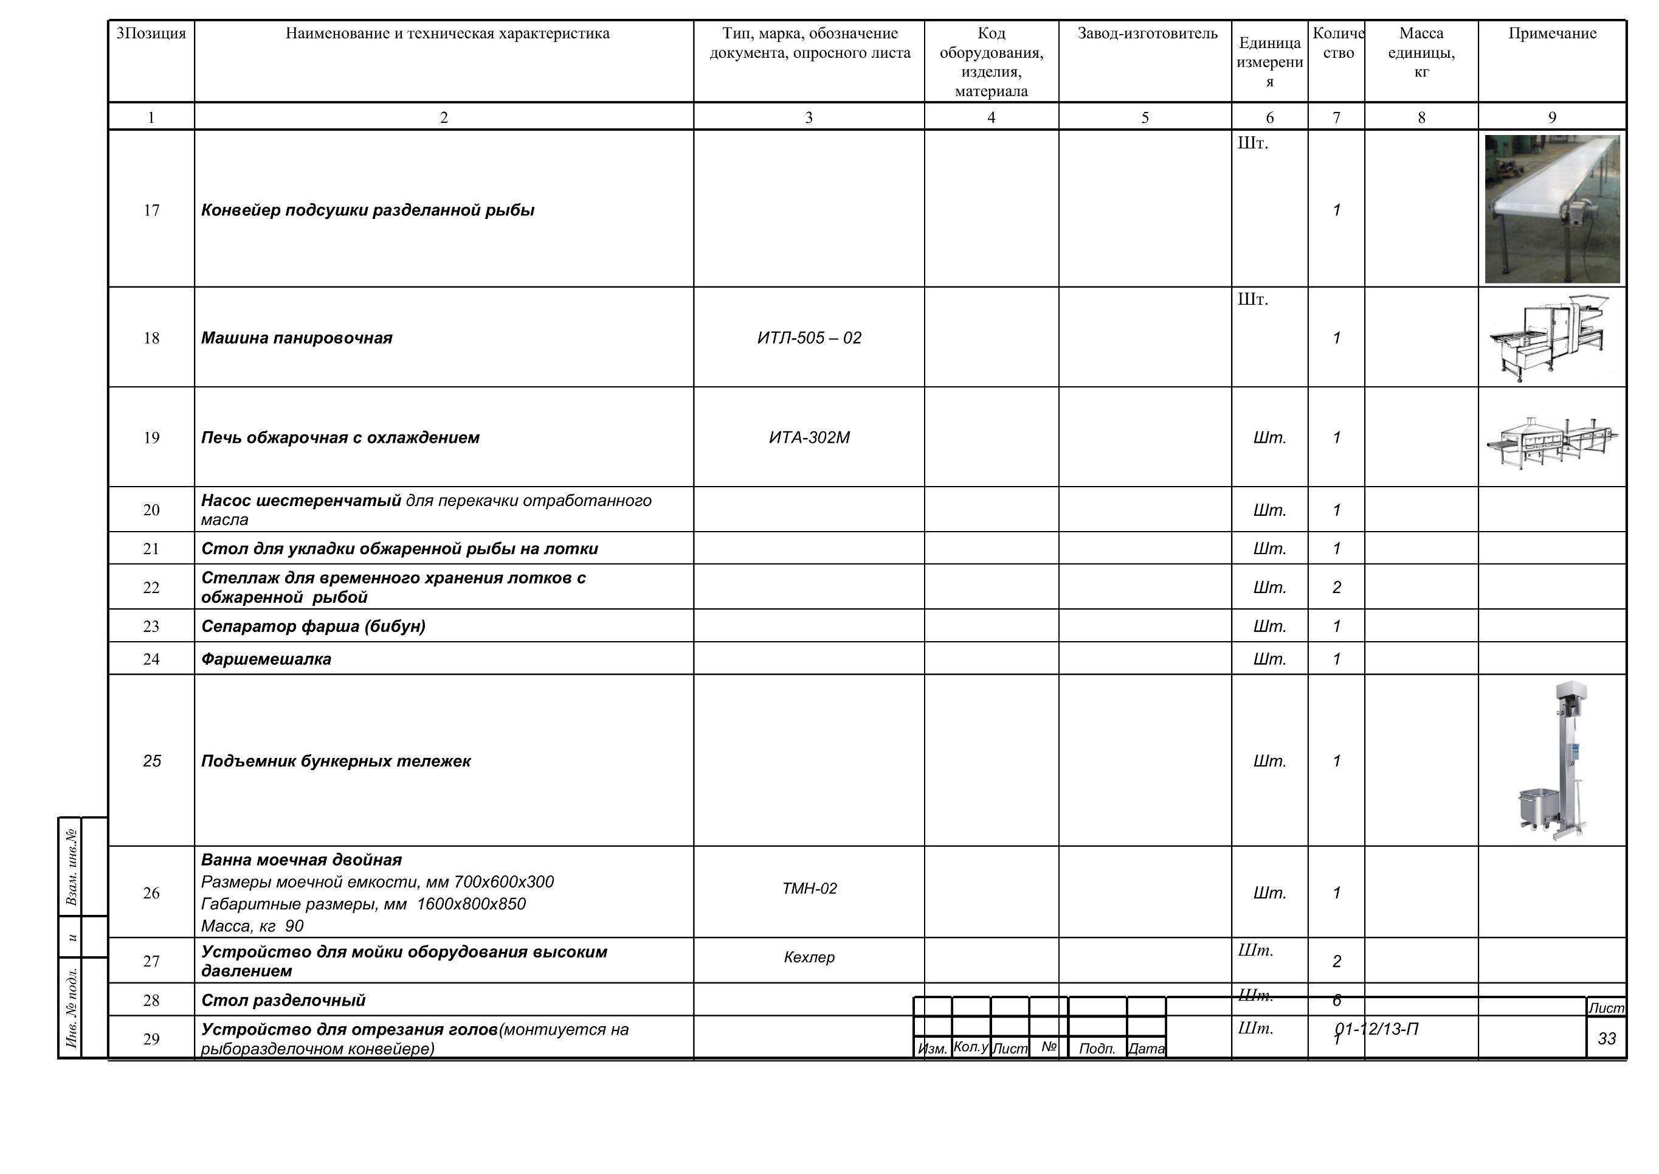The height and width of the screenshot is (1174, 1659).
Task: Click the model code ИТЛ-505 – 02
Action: click(x=809, y=338)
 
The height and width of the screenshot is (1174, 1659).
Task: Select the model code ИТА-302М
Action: click(x=809, y=438)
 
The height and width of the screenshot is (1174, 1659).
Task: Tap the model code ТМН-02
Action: click(x=809, y=889)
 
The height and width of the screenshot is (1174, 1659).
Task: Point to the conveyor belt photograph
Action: click(x=1552, y=209)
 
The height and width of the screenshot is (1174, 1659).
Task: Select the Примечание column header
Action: click(x=1552, y=34)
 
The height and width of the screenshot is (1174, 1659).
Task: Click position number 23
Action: click(x=151, y=627)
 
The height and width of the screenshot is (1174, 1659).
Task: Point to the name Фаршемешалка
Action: click(x=266, y=659)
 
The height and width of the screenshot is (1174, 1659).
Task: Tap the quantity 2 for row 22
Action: click(x=1336, y=588)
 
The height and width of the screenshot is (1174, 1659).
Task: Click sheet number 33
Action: click(x=1606, y=1039)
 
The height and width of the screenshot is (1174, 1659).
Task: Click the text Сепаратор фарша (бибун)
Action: click(x=313, y=627)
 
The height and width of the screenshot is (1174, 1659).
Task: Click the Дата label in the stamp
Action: click(x=1147, y=1048)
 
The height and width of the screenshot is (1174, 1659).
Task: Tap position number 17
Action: click(x=151, y=210)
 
